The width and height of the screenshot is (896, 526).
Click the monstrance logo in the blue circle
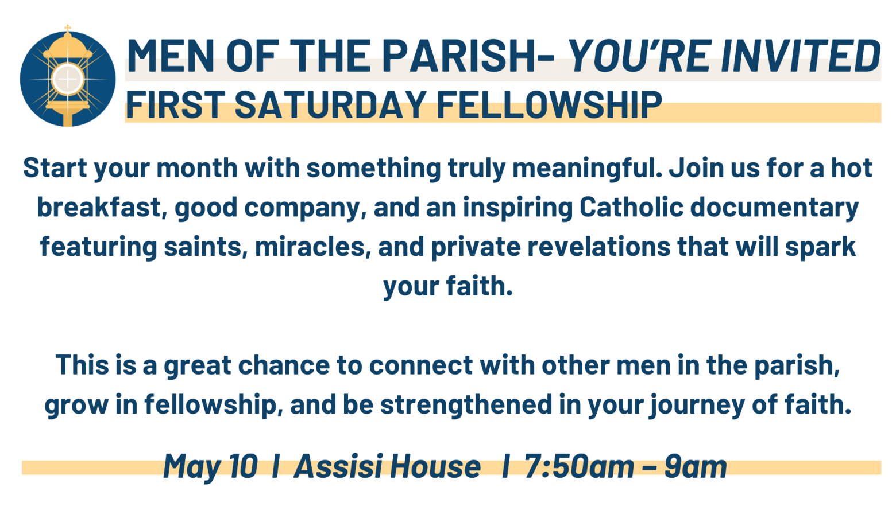coord(68,78)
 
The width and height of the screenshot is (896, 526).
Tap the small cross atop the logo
coord(68,28)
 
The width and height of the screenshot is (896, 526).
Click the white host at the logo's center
coord(68,79)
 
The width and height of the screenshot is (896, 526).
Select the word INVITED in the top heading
coord(801,56)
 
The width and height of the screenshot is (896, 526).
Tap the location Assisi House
coord(387,466)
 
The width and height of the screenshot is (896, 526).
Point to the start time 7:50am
coord(579,466)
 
